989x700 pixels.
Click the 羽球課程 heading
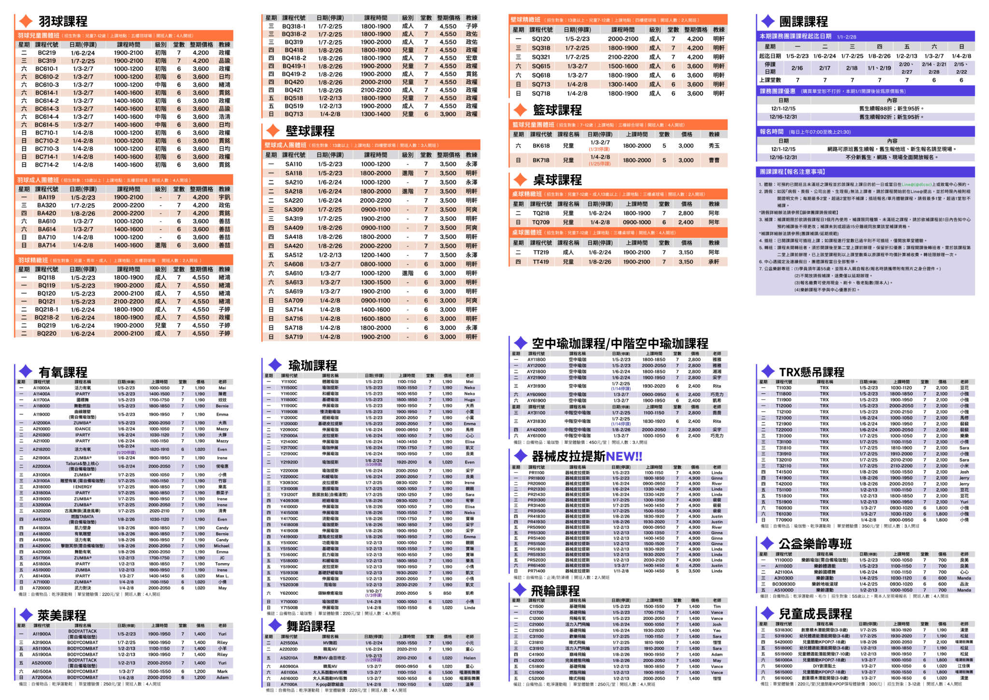[63, 22]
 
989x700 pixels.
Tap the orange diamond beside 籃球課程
[520, 110]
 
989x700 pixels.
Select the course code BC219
[47, 53]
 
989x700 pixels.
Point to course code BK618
[541, 146]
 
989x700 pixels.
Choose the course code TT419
[541, 262]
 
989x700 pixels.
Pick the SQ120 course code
[541, 39]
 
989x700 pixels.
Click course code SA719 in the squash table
[294, 337]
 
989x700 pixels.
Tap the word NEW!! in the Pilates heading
[623, 457]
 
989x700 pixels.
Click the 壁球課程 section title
[310, 131]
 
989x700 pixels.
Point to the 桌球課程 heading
[557, 180]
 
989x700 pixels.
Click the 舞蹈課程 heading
[311, 626]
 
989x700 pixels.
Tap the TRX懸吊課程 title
[811, 372]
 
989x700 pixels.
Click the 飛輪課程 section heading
[555, 591]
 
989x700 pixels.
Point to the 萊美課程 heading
[62, 616]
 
